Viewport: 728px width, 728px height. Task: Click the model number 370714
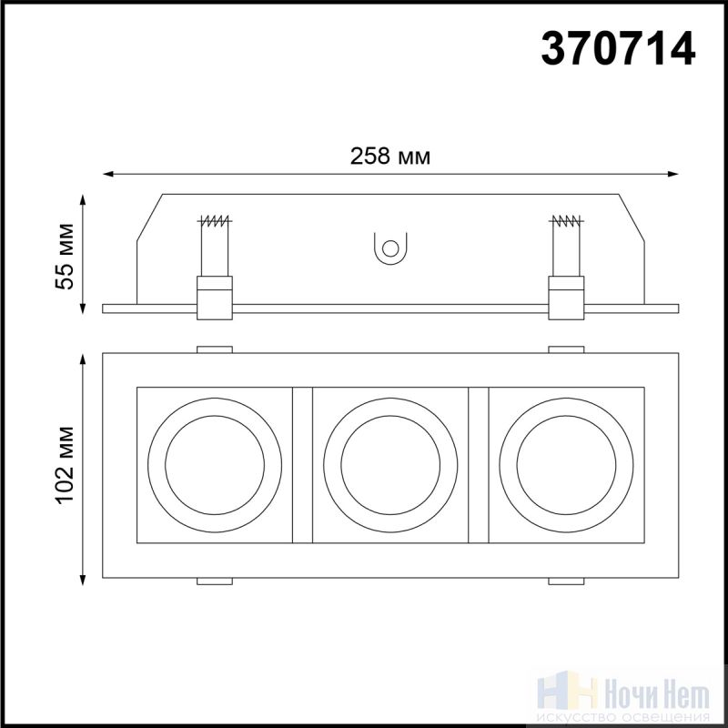click(x=618, y=48)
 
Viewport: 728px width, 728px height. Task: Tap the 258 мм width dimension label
click(x=390, y=156)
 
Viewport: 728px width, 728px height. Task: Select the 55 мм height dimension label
click(x=65, y=257)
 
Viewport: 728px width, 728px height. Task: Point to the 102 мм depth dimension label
click(x=65, y=465)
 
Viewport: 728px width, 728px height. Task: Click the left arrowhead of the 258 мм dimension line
click(x=108, y=174)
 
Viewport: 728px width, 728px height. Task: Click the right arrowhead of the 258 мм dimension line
click(x=672, y=174)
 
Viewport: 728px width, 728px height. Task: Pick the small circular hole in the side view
click(x=390, y=248)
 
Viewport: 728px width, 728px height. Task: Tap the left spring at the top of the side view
click(x=214, y=220)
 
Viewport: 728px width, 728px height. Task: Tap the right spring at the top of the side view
click(x=566, y=220)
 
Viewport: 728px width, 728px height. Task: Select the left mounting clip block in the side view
click(x=215, y=298)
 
